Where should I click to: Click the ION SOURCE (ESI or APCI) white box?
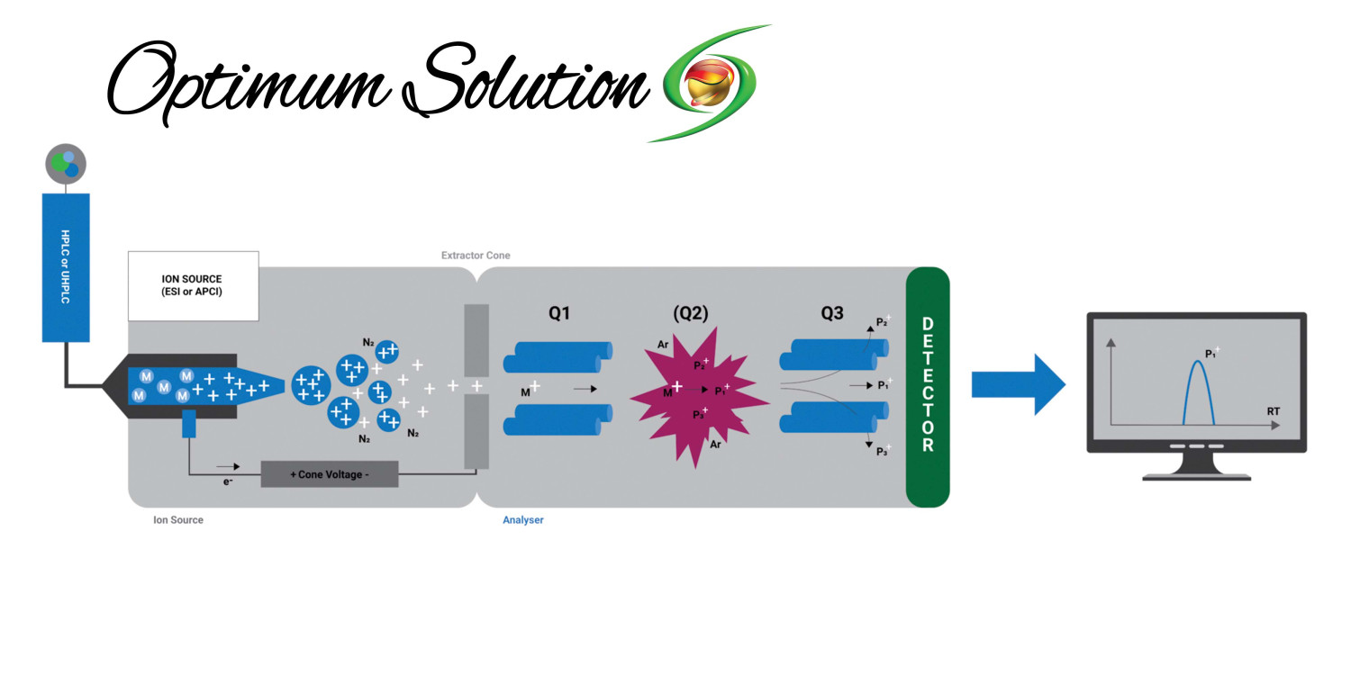(x=193, y=285)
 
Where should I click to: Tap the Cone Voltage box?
(x=329, y=474)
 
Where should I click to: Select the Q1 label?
(x=559, y=314)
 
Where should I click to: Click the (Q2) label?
(x=691, y=314)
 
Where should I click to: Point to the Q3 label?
(x=831, y=314)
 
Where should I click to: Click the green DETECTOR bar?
(x=928, y=387)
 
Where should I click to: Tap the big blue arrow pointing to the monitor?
(x=1018, y=384)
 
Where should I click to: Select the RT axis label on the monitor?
(x=1274, y=411)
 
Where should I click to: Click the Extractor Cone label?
(x=475, y=256)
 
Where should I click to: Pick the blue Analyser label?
(x=522, y=520)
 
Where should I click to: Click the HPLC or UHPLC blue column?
(x=66, y=267)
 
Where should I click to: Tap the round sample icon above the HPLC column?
(x=66, y=165)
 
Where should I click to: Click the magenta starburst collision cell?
(x=697, y=396)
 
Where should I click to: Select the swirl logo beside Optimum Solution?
(x=712, y=85)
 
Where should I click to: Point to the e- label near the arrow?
(x=230, y=482)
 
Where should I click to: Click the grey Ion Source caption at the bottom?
(x=178, y=520)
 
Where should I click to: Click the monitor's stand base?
(x=1196, y=475)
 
